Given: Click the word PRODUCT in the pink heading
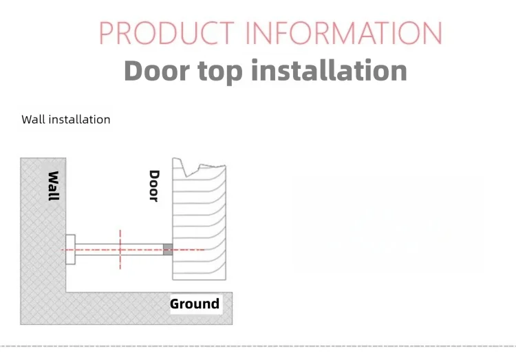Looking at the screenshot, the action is (x=167, y=32).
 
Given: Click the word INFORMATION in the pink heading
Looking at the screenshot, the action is (x=344, y=32).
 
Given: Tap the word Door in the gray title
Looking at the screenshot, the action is (x=157, y=70).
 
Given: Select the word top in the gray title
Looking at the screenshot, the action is (x=220, y=72).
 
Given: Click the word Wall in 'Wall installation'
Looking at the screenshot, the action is (x=34, y=119).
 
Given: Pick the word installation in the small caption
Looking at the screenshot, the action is (x=80, y=119).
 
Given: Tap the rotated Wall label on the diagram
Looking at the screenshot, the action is (x=54, y=186).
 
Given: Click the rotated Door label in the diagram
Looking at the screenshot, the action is (x=154, y=186).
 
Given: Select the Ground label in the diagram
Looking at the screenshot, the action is (x=195, y=304).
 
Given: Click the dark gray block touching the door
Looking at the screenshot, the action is (x=168, y=249).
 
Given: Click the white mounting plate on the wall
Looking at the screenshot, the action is (x=70, y=249).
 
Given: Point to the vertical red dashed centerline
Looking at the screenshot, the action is (x=120, y=250).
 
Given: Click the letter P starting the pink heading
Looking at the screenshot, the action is (x=106, y=32).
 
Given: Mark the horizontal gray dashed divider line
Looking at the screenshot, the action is (x=258, y=346).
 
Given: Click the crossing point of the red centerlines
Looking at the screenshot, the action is (x=120, y=250).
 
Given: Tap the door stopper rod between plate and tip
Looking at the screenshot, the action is (x=119, y=249).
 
